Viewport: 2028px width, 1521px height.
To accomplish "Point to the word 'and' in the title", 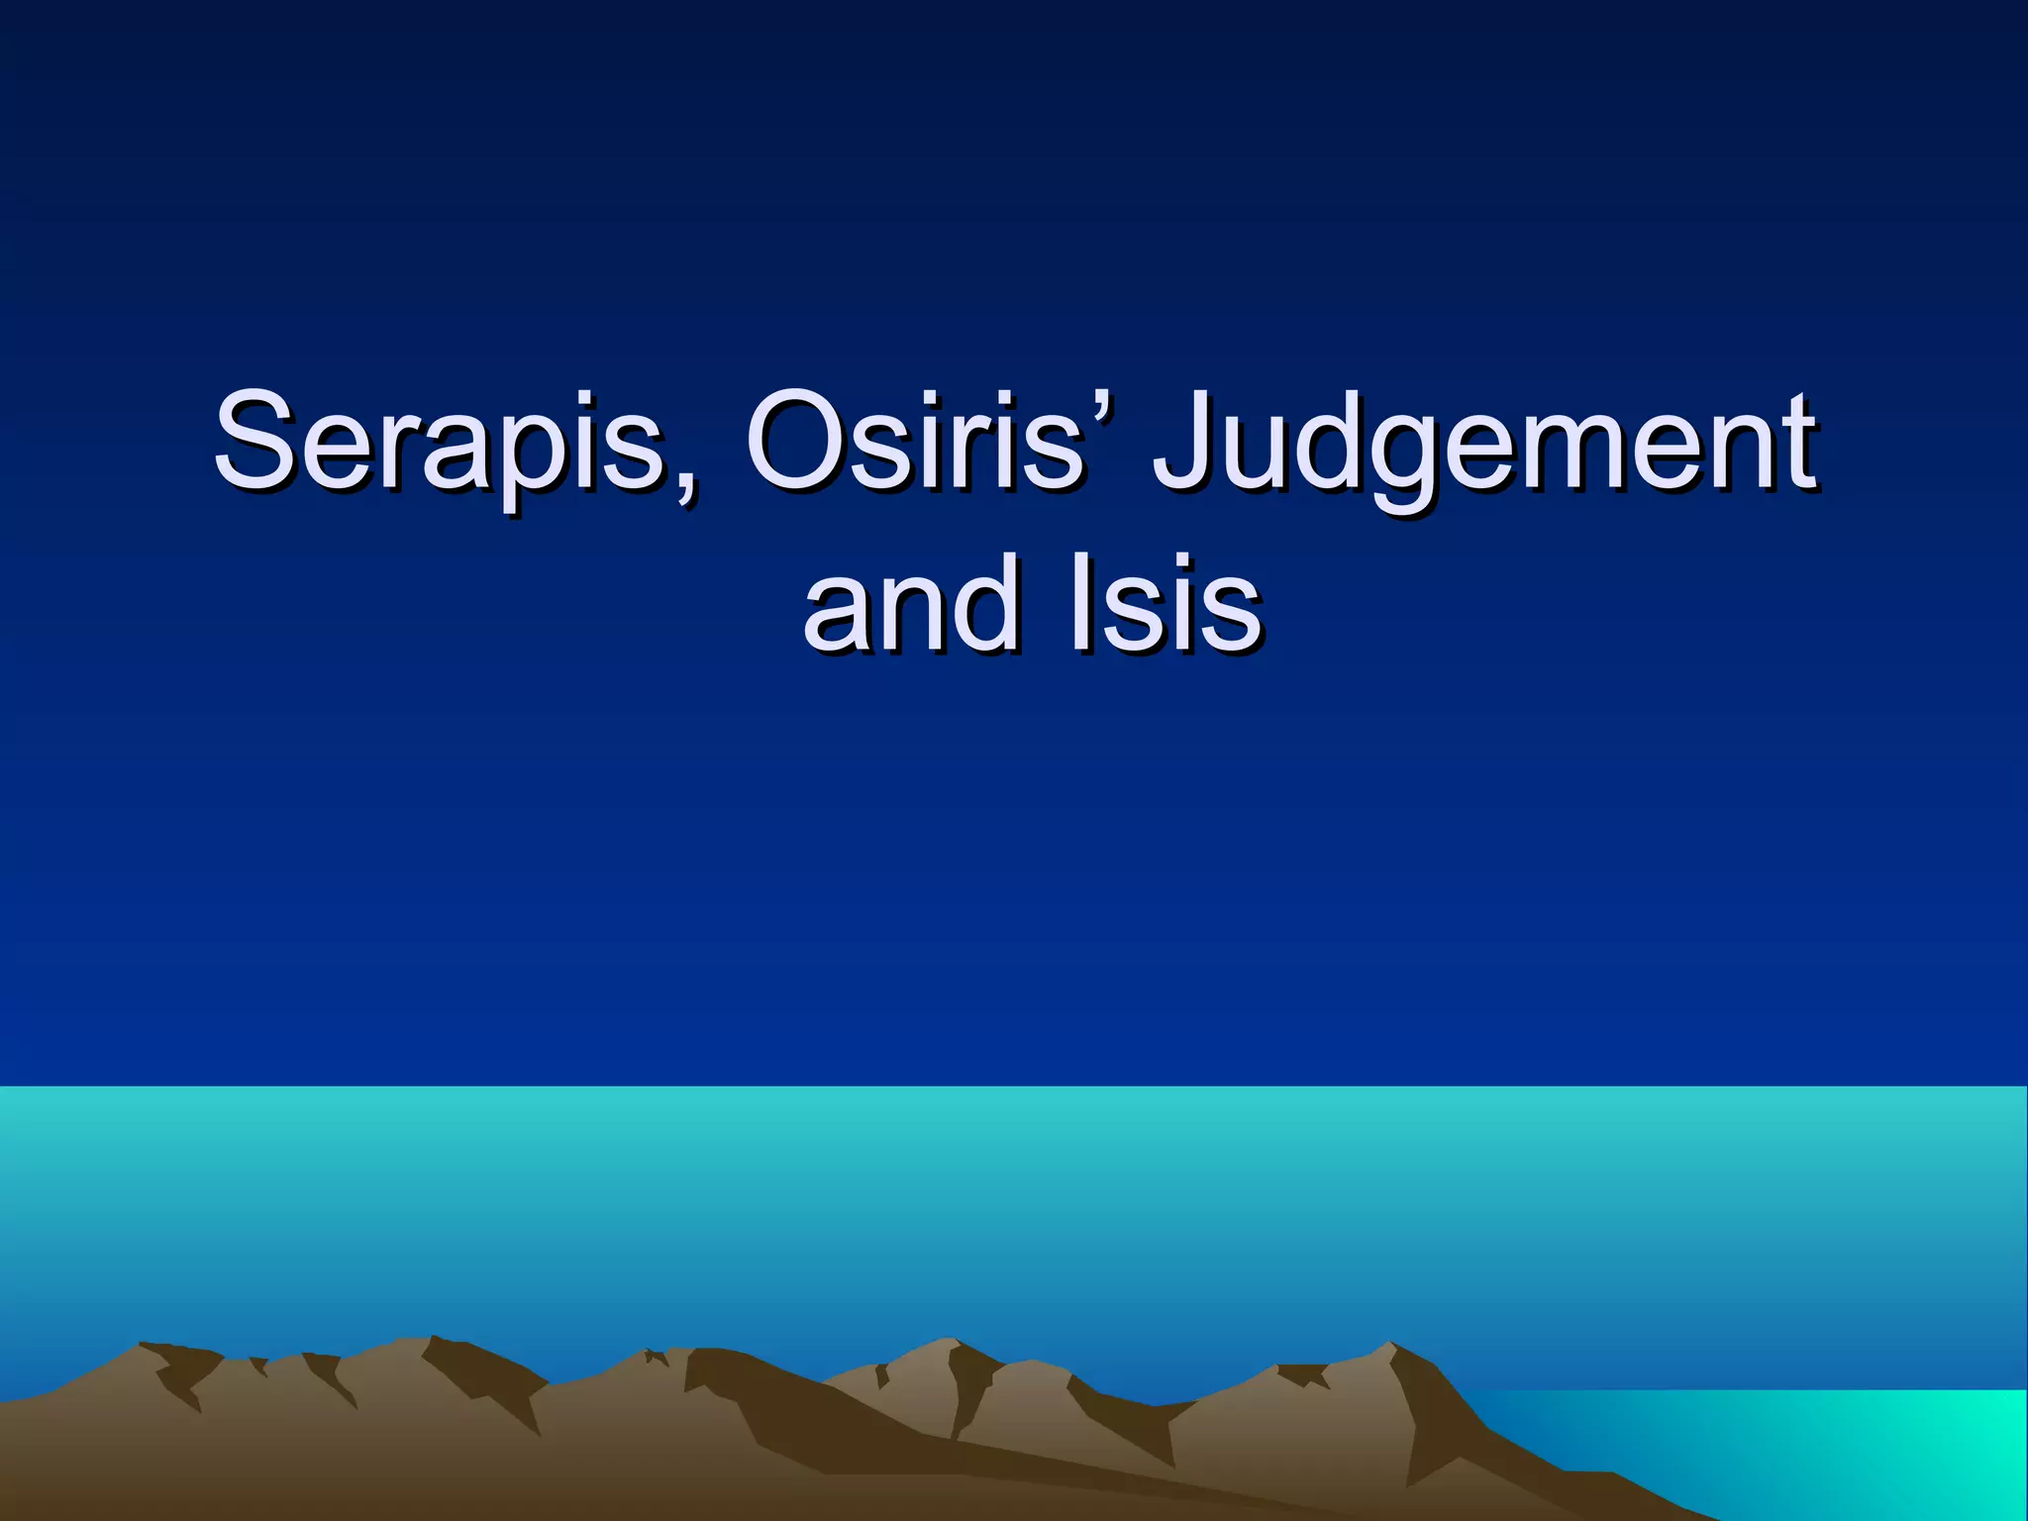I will pyautogui.click(x=910, y=604).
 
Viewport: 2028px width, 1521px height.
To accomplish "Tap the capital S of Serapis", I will pyautogui.click(x=254, y=440).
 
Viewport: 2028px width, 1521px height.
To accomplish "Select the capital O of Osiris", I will pyautogui.click(x=798, y=440).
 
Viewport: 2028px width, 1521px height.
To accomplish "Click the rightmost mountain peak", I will pyautogui.click(x=1390, y=1346).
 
